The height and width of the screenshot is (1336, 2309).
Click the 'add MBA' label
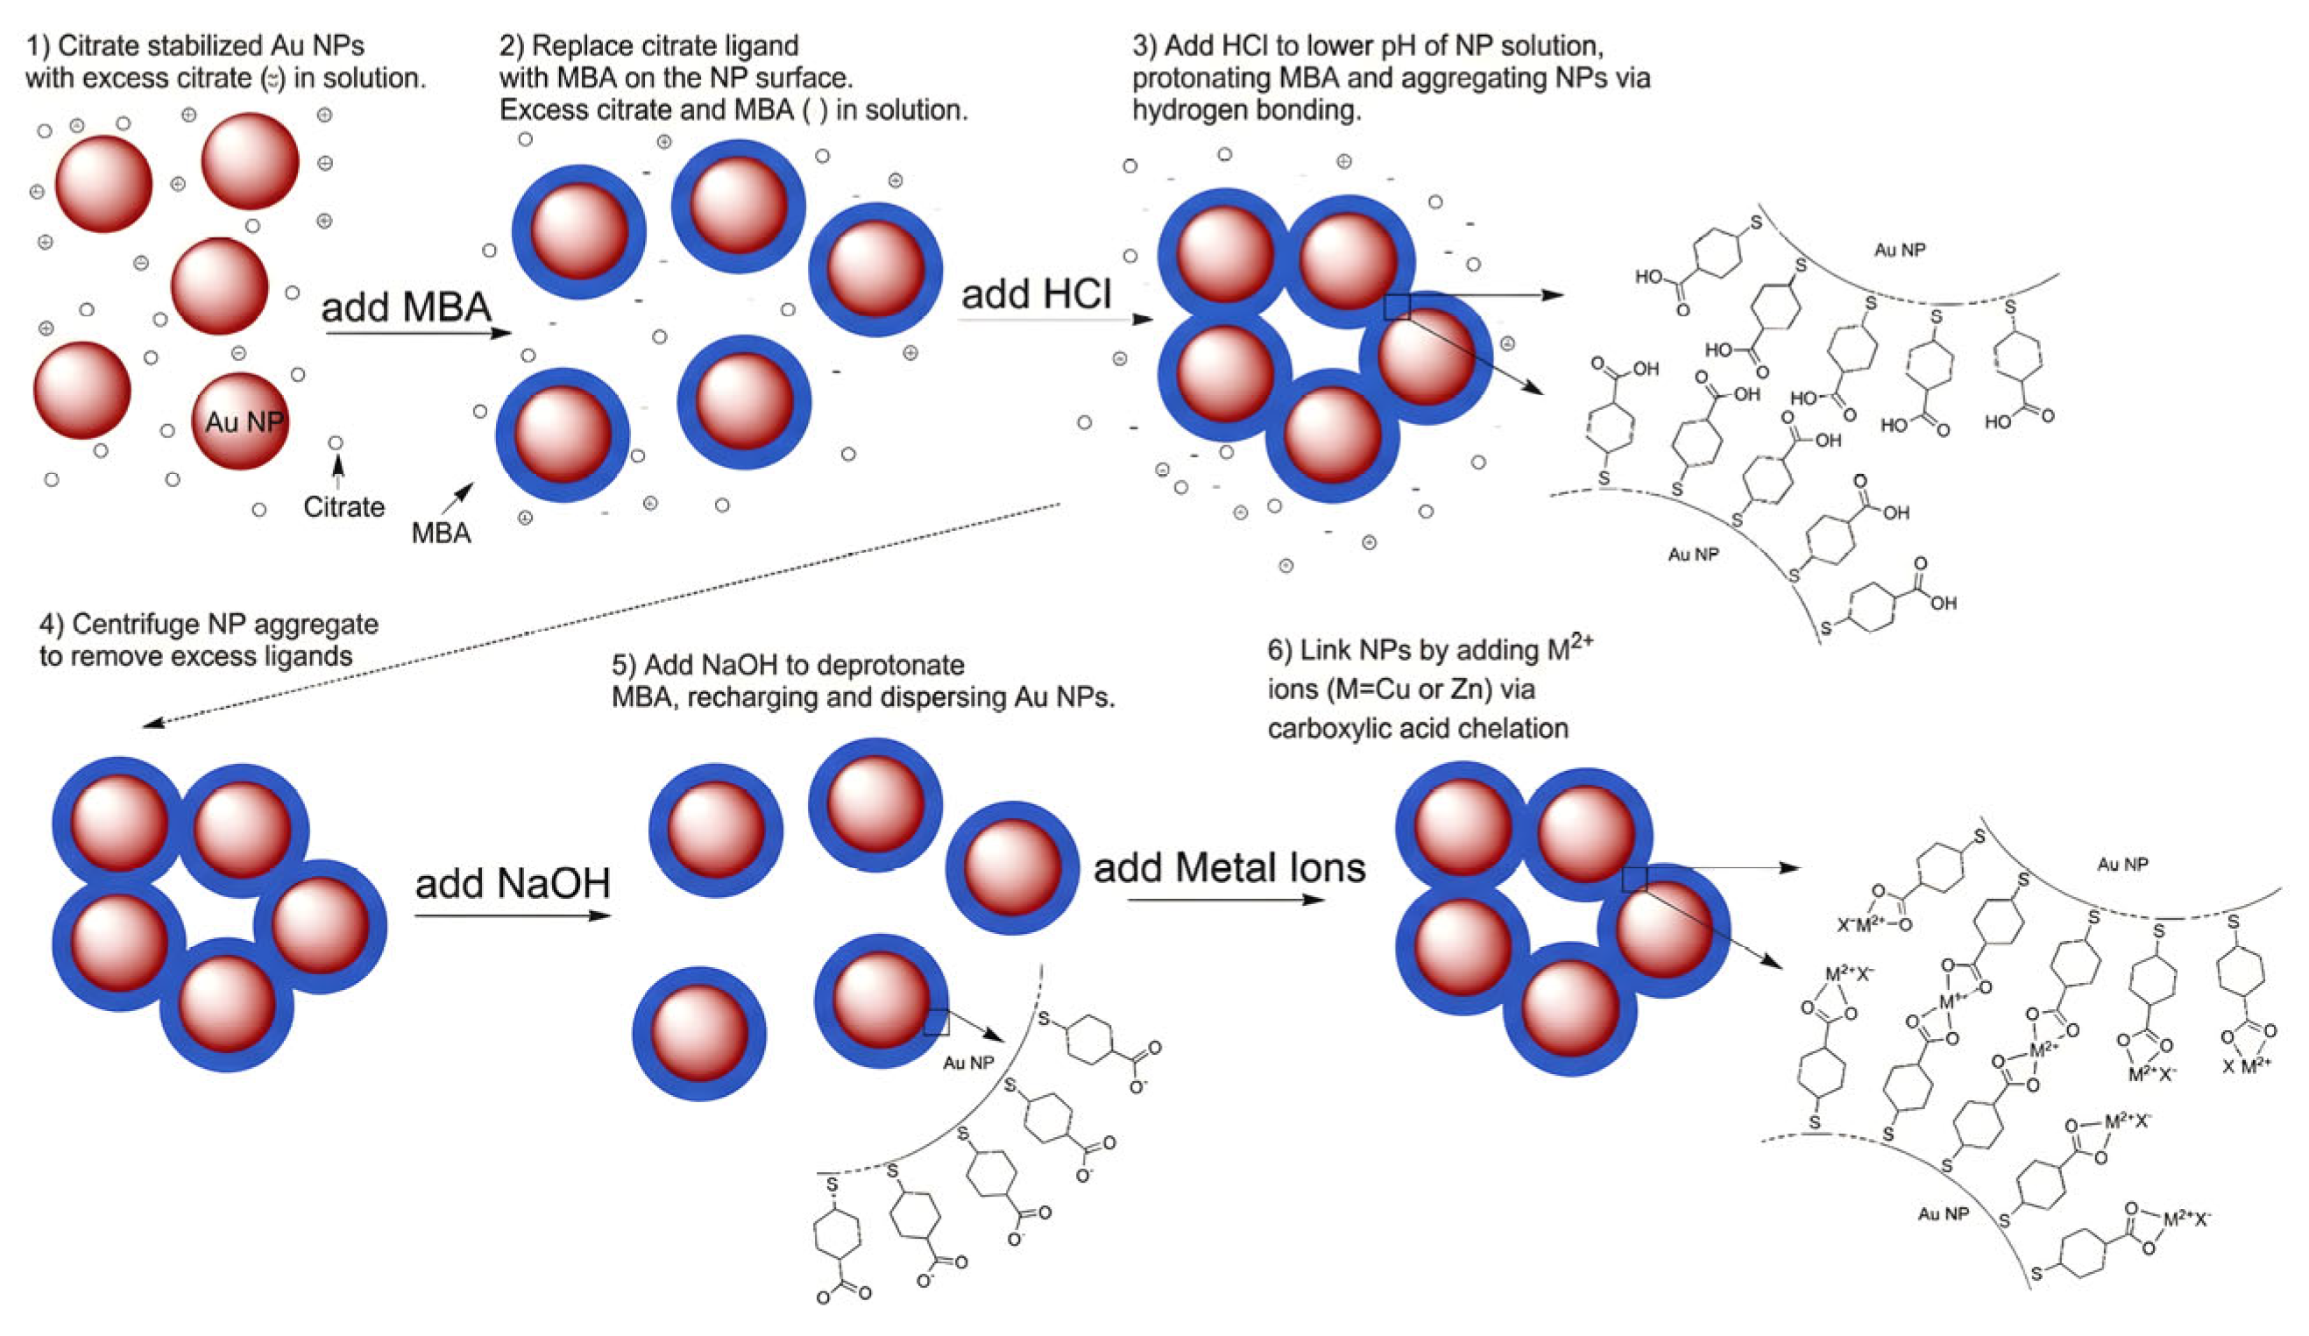click(x=406, y=307)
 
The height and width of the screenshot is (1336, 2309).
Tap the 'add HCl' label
click(x=1036, y=294)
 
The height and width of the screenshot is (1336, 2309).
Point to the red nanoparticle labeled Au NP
click(x=241, y=421)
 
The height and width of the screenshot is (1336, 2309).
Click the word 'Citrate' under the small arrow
click(x=344, y=506)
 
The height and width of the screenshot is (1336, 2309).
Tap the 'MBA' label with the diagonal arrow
click(x=441, y=533)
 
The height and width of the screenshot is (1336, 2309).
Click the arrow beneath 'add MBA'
click(x=417, y=334)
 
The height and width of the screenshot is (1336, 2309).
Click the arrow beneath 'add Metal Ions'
click(x=1225, y=900)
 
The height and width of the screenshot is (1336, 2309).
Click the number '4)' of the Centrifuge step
click(x=52, y=625)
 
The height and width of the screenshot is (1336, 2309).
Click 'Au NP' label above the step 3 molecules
click(x=1900, y=249)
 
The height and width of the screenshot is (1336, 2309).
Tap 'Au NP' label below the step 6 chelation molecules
click(x=1943, y=1213)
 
